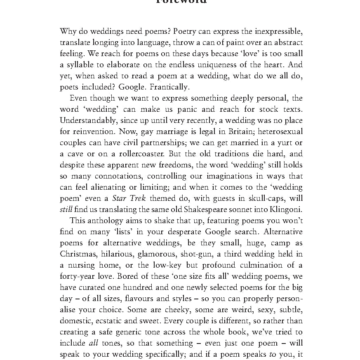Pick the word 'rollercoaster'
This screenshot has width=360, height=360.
coord(131,154)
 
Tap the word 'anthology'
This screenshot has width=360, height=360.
coord(105,221)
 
